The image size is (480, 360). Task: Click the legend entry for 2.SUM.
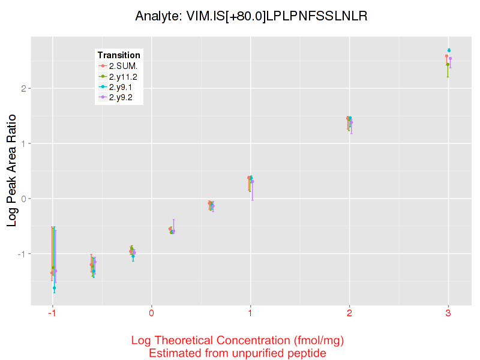[123, 65]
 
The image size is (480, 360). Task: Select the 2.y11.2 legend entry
[123, 76]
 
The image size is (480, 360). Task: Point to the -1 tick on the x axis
[52, 313]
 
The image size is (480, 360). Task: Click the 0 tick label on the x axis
[152, 313]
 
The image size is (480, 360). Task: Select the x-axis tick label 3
[448, 313]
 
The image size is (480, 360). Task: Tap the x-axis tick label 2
[349, 313]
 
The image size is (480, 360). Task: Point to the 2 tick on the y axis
[22, 88]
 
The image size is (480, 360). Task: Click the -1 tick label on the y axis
[20, 254]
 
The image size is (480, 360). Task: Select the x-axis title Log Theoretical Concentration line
[238, 341]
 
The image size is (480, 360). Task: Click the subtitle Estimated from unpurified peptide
[238, 353]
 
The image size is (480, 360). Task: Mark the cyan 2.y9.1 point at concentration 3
[449, 50]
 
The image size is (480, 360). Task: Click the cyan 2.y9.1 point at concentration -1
[54, 288]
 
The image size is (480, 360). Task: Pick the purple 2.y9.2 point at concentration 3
[451, 59]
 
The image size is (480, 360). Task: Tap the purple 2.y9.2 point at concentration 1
[253, 181]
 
